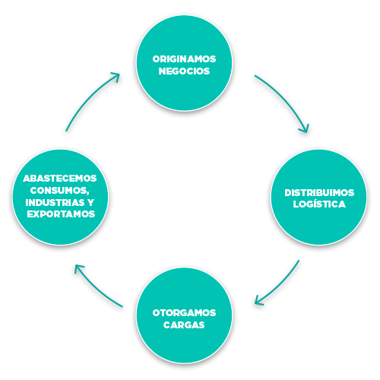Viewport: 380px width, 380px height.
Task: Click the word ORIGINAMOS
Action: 184,59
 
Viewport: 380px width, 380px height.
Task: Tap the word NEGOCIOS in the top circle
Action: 184,71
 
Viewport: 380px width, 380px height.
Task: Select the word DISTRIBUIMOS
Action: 319,193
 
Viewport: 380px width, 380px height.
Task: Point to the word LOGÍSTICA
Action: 319,204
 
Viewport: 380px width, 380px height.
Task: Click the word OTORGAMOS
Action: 184,313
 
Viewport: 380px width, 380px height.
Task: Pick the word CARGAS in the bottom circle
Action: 184,325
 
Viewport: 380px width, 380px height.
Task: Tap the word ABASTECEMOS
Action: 60,179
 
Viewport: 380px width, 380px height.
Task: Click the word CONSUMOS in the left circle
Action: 59,190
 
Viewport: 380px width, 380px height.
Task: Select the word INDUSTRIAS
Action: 55,202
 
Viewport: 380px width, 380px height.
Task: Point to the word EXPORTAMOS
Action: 61,214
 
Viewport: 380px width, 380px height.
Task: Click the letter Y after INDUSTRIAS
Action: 91,202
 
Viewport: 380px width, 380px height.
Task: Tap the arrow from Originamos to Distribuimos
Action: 285,98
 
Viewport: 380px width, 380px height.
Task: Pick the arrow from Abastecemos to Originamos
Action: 89,99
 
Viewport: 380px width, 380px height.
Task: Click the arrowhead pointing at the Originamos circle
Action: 116,77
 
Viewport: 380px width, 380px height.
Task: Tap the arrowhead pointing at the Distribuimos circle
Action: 305,128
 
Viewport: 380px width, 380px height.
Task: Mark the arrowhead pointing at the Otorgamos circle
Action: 258,301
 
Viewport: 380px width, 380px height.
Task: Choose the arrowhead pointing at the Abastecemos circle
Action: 78,268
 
